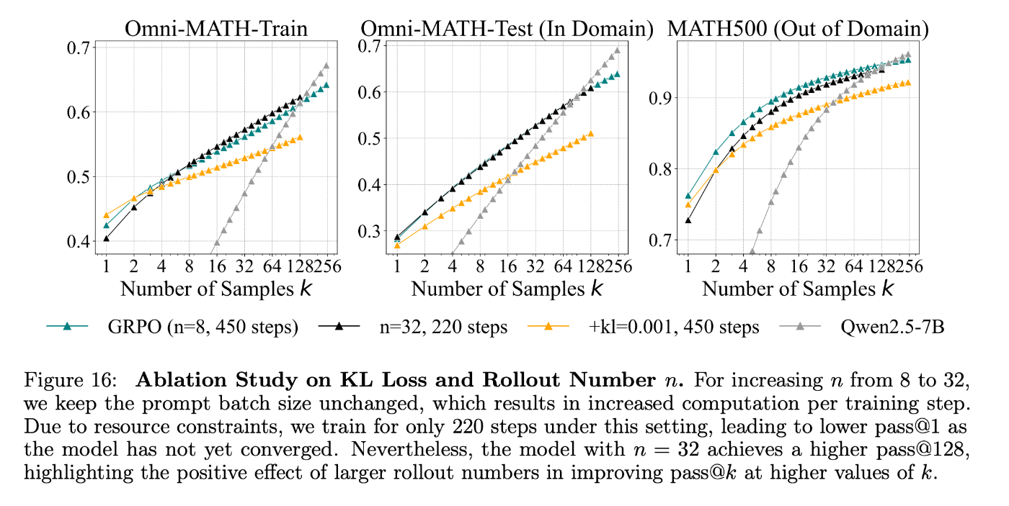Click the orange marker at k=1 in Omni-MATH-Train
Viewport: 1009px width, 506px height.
tap(107, 215)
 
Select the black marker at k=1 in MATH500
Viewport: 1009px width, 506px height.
tap(688, 220)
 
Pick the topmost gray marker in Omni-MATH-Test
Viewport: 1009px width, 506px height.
tap(617, 50)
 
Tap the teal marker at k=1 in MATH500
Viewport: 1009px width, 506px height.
tap(688, 196)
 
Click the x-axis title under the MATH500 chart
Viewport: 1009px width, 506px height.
tap(798, 289)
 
